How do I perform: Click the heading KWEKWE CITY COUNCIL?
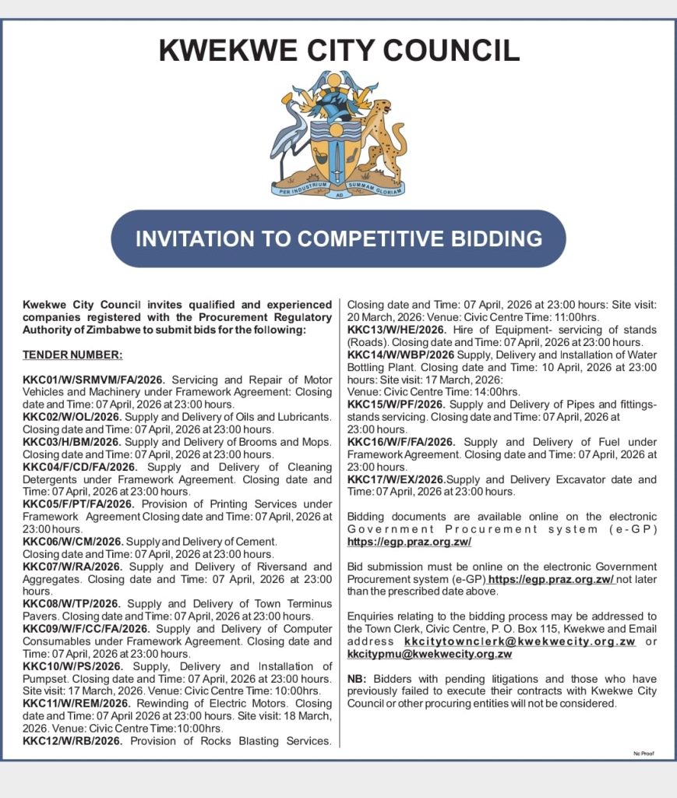pos(339,51)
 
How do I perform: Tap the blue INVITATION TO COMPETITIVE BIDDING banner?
pos(338,238)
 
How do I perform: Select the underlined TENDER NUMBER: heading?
pos(72,355)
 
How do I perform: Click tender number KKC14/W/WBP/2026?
pos(396,355)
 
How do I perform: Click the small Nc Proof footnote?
pos(643,754)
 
